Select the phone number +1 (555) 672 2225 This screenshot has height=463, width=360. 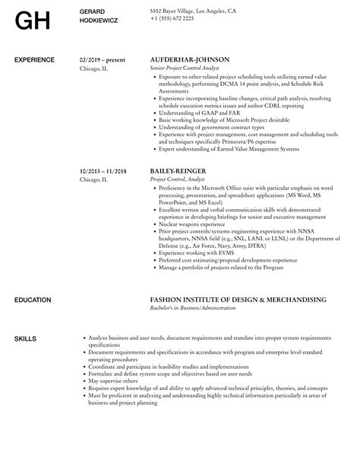[172, 19]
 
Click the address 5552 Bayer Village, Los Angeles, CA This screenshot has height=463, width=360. [192, 11]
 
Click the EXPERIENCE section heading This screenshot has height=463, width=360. [34, 59]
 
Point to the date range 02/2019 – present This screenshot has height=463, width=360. [103, 59]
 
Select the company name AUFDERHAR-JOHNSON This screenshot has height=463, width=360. [190, 59]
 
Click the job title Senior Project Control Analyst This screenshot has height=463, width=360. [186, 68]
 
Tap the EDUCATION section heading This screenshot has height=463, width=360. [33, 300]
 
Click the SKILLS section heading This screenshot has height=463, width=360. [25, 337]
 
